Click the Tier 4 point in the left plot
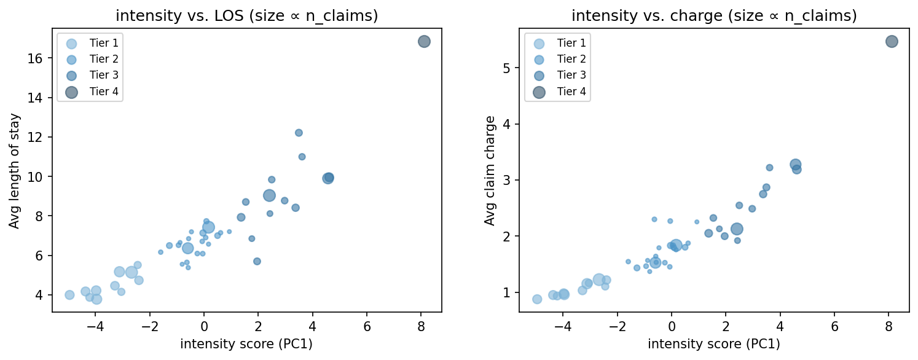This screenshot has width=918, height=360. pyautogui.click(x=424, y=42)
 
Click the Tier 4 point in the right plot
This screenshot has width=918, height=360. pyautogui.click(x=892, y=42)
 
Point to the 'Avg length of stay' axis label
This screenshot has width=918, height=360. pyautogui.click(x=14, y=171)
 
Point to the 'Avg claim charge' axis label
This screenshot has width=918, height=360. pyautogui.click(x=489, y=171)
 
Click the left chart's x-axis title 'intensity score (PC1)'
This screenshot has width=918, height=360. pyautogui.click(x=246, y=344)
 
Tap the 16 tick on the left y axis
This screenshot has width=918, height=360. pyautogui.click(x=41, y=58)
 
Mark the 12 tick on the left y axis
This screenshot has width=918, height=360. pyautogui.click(x=41, y=137)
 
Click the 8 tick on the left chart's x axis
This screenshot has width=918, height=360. pyautogui.click(x=421, y=326)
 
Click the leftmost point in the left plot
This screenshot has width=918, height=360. pyautogui.click(x=69, y=295)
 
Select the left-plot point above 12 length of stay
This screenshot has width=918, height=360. pyautogui.click(x=299, y=133)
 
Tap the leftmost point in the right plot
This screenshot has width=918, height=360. pyautogui.click(x=537, y=299)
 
